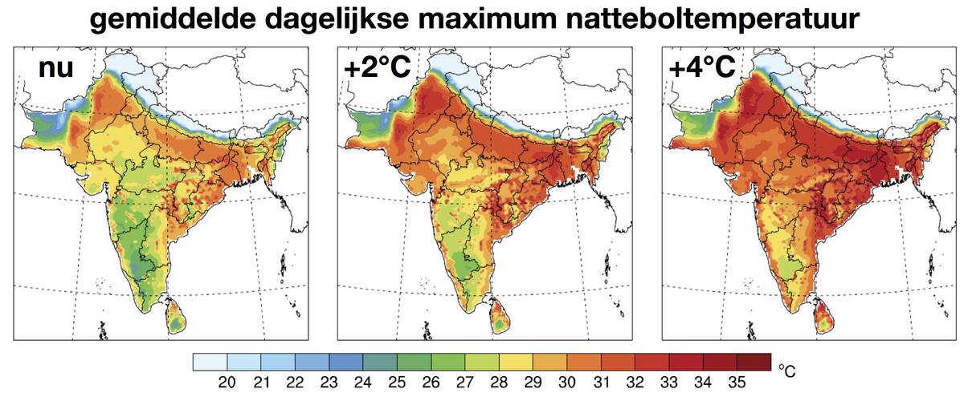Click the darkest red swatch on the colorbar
pos(754,362)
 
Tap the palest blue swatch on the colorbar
pos(210,362)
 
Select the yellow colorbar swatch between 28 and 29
pos(516,362)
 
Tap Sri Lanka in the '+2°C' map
pos(500,315)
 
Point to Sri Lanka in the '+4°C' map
pos(823,315)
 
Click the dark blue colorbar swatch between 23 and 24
pos(346,362)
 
